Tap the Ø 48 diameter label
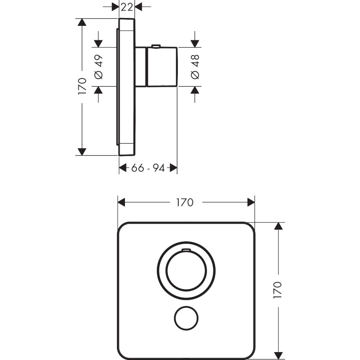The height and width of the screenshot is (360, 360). click(194, 67)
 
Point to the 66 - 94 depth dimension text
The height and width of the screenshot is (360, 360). click(148, 168)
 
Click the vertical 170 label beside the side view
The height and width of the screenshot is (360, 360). click(82, 86)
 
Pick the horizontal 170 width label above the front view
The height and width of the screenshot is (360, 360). click(185, 203)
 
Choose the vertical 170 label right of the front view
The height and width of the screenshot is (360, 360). click(277, 290)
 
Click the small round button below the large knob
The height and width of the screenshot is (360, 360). click(186, 318)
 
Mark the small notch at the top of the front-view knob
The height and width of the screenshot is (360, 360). click(186, 249)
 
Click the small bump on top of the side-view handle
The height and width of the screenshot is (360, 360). click(156, 46)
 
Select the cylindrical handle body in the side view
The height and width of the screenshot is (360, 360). click(162, 67)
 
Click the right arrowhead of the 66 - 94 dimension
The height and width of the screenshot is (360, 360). click(174, 168)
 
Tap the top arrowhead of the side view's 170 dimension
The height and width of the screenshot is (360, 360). click(82, 22)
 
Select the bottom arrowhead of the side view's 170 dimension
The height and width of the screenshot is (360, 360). click(82, 152)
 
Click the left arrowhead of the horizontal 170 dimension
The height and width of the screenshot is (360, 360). click(121, 203)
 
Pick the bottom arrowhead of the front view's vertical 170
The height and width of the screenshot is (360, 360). click(277, 355)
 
